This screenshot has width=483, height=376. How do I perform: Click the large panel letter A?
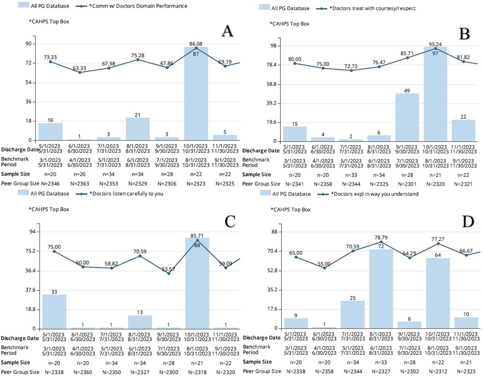[228, 31]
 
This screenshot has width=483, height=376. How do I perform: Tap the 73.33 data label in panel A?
[50, 57]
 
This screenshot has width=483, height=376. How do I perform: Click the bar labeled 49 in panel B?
[407, 117]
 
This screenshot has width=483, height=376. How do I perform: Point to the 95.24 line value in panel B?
[435, 44]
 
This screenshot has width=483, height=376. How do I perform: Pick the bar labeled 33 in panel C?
[54, 312]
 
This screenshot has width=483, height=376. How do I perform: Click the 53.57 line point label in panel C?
[168, 269]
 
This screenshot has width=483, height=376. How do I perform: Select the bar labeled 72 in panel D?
[381, 289]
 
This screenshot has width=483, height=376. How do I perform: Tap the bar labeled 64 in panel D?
[438, 293]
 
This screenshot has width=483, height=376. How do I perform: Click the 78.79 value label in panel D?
[381, 238]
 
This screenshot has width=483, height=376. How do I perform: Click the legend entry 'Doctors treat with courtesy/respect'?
[372, 8]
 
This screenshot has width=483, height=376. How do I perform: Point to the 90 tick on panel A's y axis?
[29, 44]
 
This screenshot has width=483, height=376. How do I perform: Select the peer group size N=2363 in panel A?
[79, 184]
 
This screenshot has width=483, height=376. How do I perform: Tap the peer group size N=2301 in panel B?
[407, 184]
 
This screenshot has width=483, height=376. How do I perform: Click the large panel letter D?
[468, 222]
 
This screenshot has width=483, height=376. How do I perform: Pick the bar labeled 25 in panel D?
[352, 315]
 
